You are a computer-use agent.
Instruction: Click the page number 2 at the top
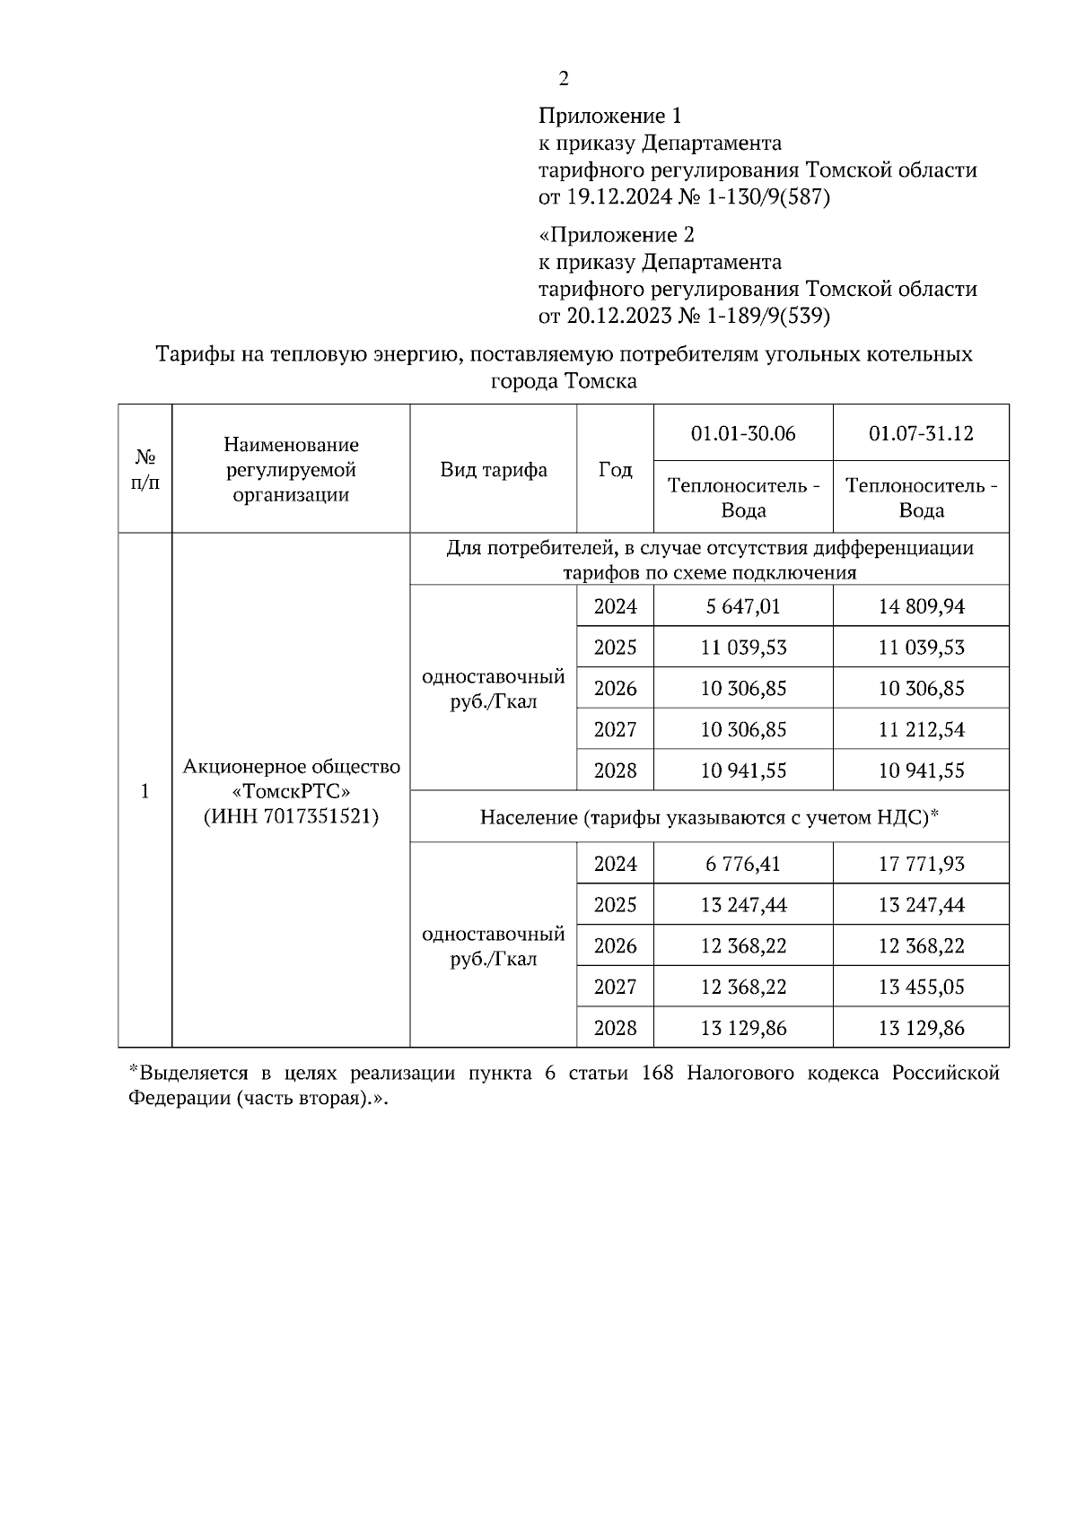(563, 79)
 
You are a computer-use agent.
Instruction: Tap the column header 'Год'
(615, 470)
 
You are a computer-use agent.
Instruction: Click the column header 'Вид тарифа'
(494, 470)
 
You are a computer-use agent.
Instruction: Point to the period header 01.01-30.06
(743, 433)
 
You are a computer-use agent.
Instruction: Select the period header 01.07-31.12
(921, 433)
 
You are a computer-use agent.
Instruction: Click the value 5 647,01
(743, 606)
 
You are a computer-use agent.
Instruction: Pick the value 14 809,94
(921, 606)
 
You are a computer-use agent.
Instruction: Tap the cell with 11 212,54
(921, 730)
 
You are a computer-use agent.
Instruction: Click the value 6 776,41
(743, 864)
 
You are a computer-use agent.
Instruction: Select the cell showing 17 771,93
(921, 864)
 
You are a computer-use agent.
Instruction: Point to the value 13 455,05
(921, 987)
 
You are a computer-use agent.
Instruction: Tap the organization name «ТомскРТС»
(291, 792)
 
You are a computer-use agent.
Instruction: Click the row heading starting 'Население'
(709, 816)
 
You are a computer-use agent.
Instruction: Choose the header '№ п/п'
(144, 470)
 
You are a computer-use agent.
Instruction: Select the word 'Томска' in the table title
(600, 381)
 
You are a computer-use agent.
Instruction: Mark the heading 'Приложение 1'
(610, 116)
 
